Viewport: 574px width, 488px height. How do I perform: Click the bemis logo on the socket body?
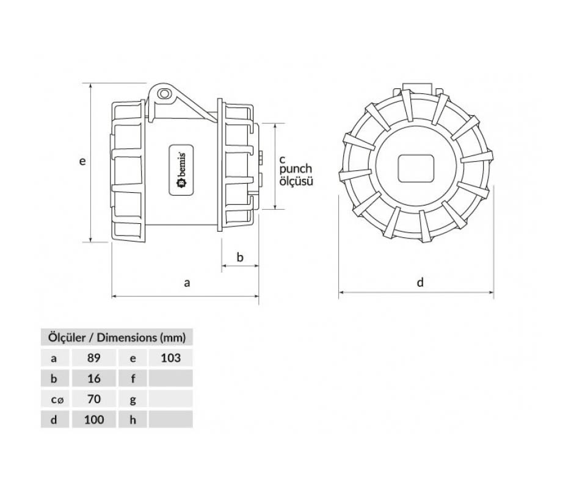[181, 170]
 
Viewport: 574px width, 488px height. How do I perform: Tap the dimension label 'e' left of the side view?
[82, 160]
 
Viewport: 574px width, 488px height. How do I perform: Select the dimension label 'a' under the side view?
[187, 282]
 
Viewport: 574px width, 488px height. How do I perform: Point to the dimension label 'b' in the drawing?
[240, 257]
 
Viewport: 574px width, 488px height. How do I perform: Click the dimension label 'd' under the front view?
[420, 282]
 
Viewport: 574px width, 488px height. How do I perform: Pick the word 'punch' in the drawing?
[296, 170]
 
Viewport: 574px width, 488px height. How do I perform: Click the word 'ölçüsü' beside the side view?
[297, 181]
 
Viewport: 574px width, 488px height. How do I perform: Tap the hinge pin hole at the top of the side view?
[164, 94]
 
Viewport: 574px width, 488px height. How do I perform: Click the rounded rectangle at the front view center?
[416, 168]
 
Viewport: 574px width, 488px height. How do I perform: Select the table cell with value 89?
[93, 358]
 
